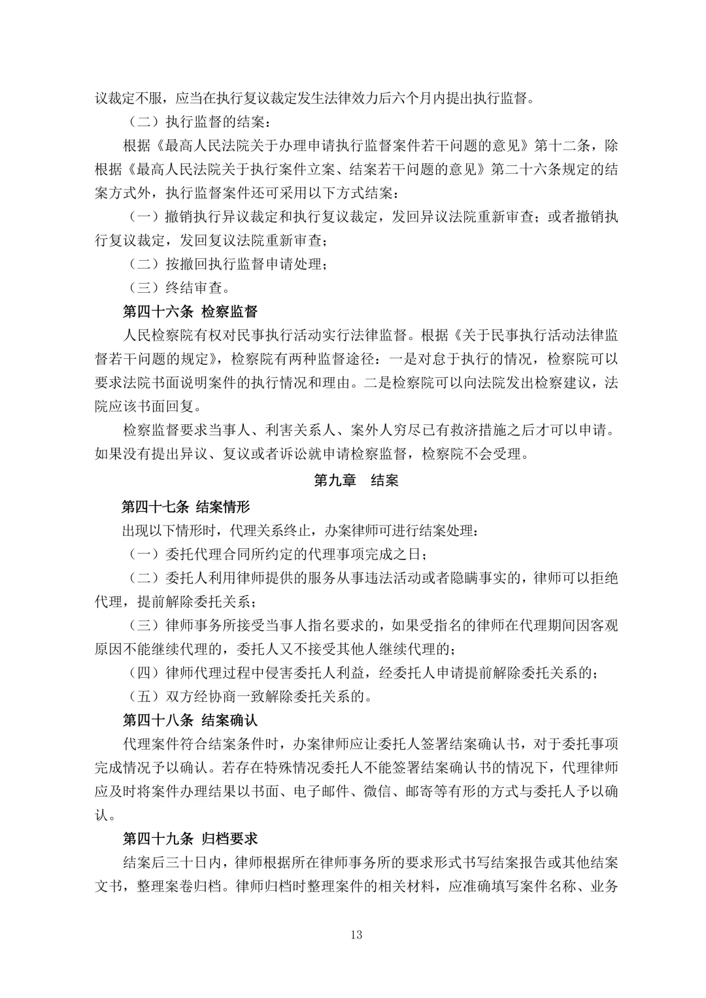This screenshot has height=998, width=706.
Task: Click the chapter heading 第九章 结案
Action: click(356, 480)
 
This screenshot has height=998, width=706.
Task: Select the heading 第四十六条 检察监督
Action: click(190, 310)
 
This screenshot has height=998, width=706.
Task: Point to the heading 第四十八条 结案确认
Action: click(190, 720)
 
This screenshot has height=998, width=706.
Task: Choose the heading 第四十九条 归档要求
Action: click(190, 838)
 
